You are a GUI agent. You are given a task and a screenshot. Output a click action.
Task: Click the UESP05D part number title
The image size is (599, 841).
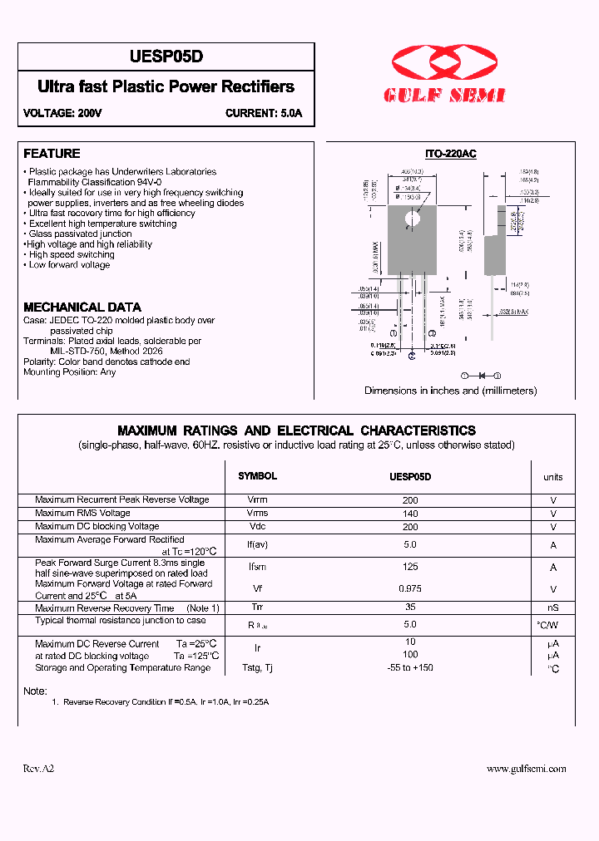coord(166,57)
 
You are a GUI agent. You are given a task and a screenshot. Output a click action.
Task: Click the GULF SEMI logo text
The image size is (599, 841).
coord(444,96)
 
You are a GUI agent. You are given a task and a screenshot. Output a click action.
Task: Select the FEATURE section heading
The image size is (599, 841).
coord(52,154)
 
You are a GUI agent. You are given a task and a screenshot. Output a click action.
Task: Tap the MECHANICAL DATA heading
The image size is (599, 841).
coord(82,307)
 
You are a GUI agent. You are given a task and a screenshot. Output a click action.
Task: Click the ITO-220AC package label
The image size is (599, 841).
coord(450,155)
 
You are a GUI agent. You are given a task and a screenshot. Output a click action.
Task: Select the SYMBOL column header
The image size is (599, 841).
coord(258,476)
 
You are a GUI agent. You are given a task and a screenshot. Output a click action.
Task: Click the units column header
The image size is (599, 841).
coord(552,477)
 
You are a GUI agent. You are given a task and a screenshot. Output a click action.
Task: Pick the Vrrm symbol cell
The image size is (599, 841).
coord(258,500)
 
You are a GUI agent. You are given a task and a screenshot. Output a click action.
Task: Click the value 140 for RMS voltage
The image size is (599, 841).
coord(410,514)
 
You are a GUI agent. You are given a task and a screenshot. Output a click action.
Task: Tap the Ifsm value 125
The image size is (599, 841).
coord(410,567)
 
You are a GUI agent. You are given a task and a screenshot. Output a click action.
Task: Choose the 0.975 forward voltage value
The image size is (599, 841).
coord(410,588)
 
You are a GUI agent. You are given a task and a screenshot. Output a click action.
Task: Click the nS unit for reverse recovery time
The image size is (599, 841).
coord(552,608)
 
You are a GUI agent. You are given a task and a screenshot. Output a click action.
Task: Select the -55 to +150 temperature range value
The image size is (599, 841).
coord(410,667)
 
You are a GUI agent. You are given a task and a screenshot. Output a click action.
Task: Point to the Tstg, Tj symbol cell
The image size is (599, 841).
coord(258,667)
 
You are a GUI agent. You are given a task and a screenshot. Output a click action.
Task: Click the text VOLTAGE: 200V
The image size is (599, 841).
coord(62,113)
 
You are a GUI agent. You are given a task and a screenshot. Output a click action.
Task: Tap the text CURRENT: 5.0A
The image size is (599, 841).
coord(264,113)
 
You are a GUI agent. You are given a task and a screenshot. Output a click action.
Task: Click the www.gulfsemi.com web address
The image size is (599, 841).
coord(526,769)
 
